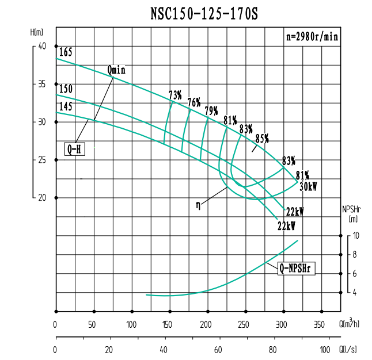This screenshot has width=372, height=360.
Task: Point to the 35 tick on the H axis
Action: point(41,84)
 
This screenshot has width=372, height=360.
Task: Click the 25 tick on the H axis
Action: point(41,160)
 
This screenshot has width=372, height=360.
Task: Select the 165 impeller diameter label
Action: point(65,53)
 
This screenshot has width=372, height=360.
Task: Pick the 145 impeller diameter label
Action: point(65,106)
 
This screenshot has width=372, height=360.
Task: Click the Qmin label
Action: point(116,70)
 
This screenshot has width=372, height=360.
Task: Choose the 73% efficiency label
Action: point(175,94)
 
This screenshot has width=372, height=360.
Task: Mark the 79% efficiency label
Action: point(211,110)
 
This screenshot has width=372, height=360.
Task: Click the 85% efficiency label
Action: point(262,138)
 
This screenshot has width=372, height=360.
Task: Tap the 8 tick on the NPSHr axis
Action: point(356,254)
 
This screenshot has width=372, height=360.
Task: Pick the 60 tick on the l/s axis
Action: point(218,350)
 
